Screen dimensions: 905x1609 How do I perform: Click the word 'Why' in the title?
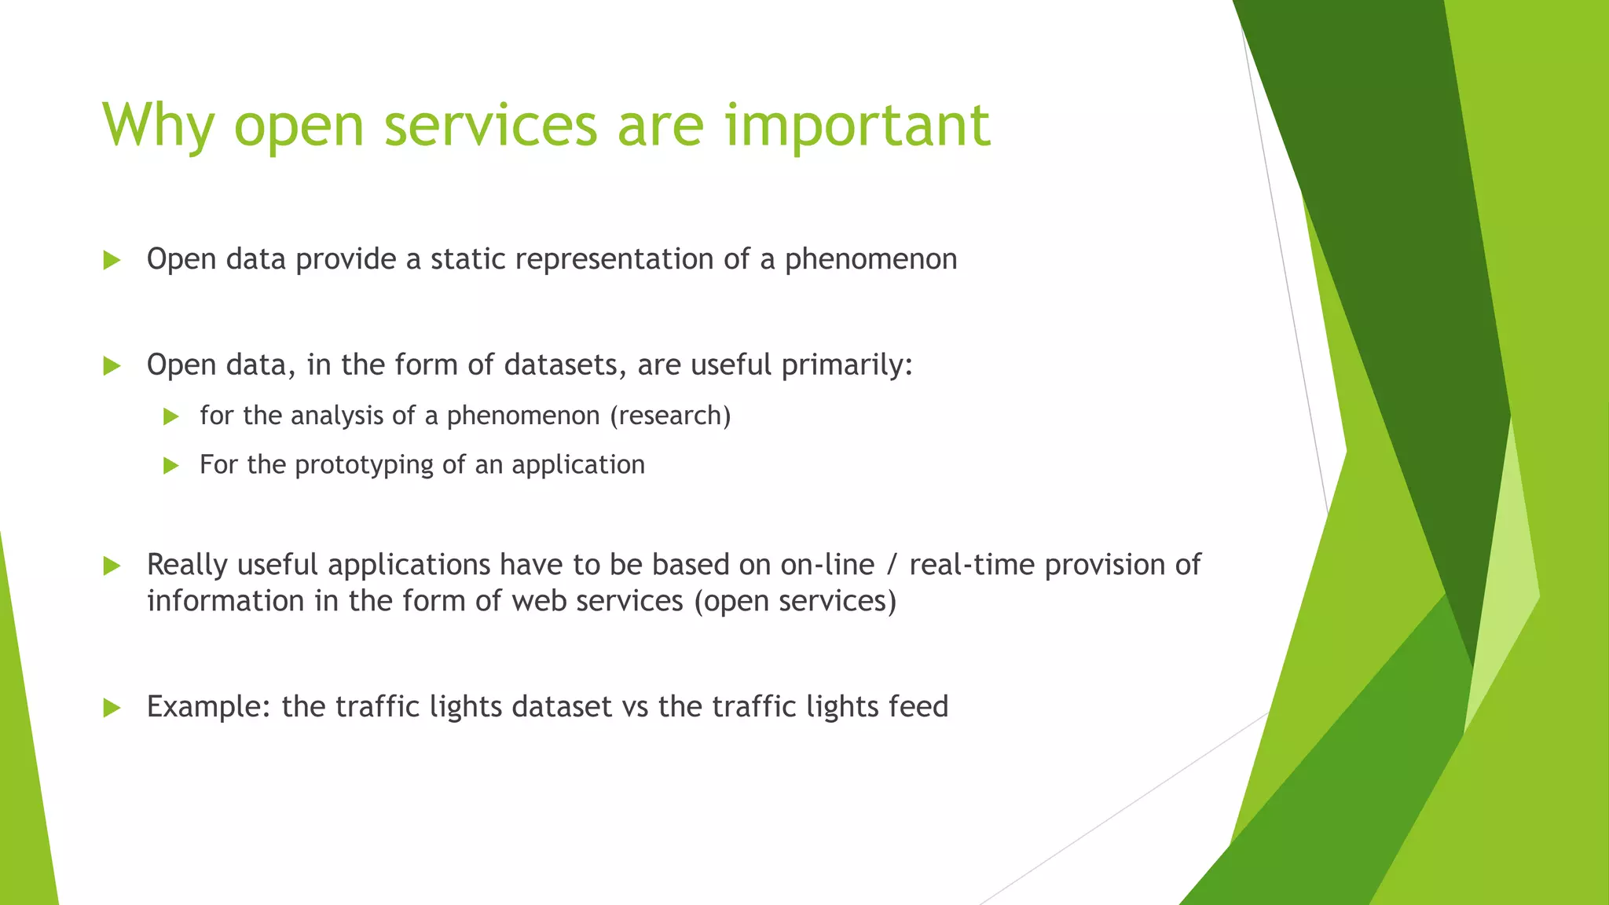tap(158, 126)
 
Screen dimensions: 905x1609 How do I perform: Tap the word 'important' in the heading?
tap(856, 126)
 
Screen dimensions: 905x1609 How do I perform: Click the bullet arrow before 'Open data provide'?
tap(112, 260)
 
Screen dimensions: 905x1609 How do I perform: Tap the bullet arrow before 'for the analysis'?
tap(171, 416)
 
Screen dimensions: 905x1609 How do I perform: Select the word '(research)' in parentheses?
tap(670, 416)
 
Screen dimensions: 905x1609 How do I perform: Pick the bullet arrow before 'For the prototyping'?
tap(171, 466)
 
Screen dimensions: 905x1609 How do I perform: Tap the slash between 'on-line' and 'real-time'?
tap(891, 565)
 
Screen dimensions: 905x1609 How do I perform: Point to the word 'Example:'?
tap(209, 707)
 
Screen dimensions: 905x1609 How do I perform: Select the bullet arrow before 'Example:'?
tap(112, 708)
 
